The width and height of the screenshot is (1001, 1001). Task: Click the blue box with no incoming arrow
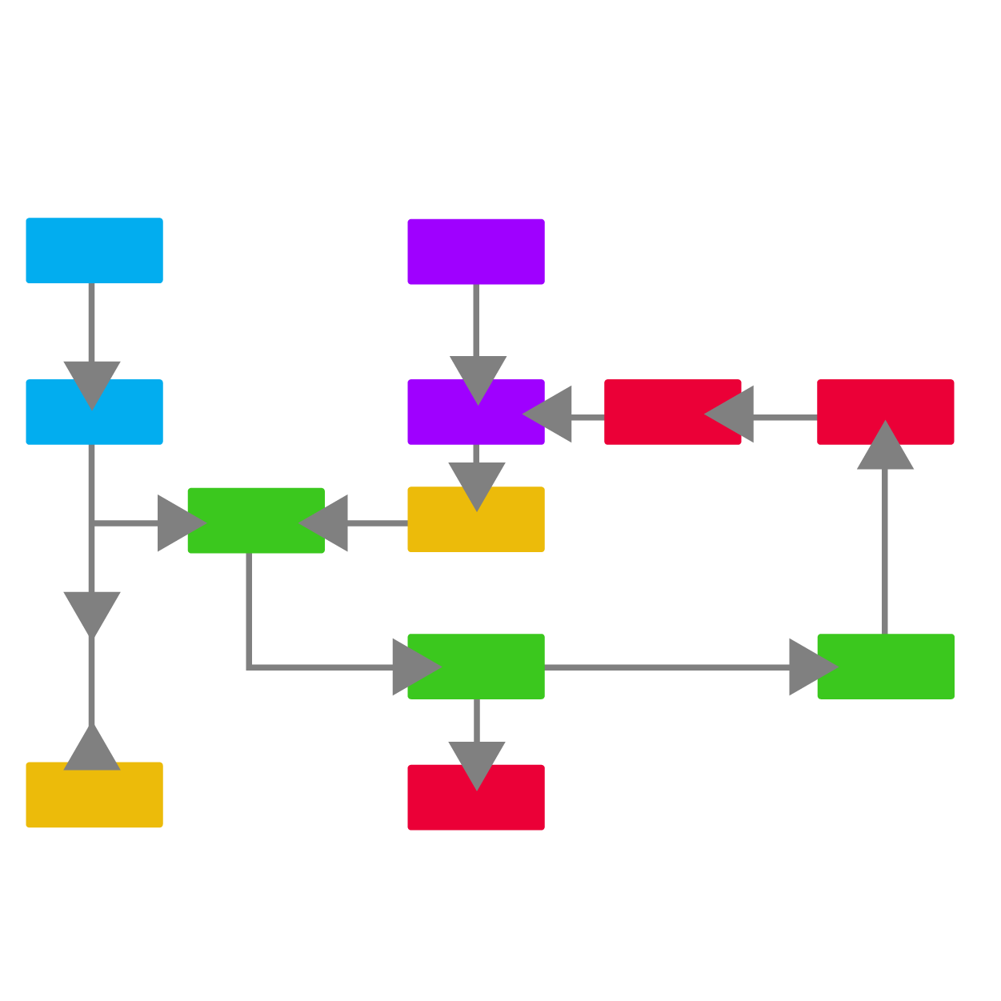tap(94, 250)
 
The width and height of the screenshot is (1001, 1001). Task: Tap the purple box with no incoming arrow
tap(476, 251)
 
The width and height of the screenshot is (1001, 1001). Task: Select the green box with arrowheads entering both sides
tap(256, 520)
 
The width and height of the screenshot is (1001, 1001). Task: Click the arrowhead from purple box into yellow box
tap(477, 486)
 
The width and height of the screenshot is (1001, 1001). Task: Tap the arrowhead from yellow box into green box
tap(326, 523)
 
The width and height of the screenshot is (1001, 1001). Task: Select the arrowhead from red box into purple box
tap(549, 414)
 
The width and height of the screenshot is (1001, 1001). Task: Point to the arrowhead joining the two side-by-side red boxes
tap(731, 414)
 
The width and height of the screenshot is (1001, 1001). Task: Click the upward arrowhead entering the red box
tap(886, 446)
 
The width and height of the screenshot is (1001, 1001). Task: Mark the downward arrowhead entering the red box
tap(477, 765)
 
